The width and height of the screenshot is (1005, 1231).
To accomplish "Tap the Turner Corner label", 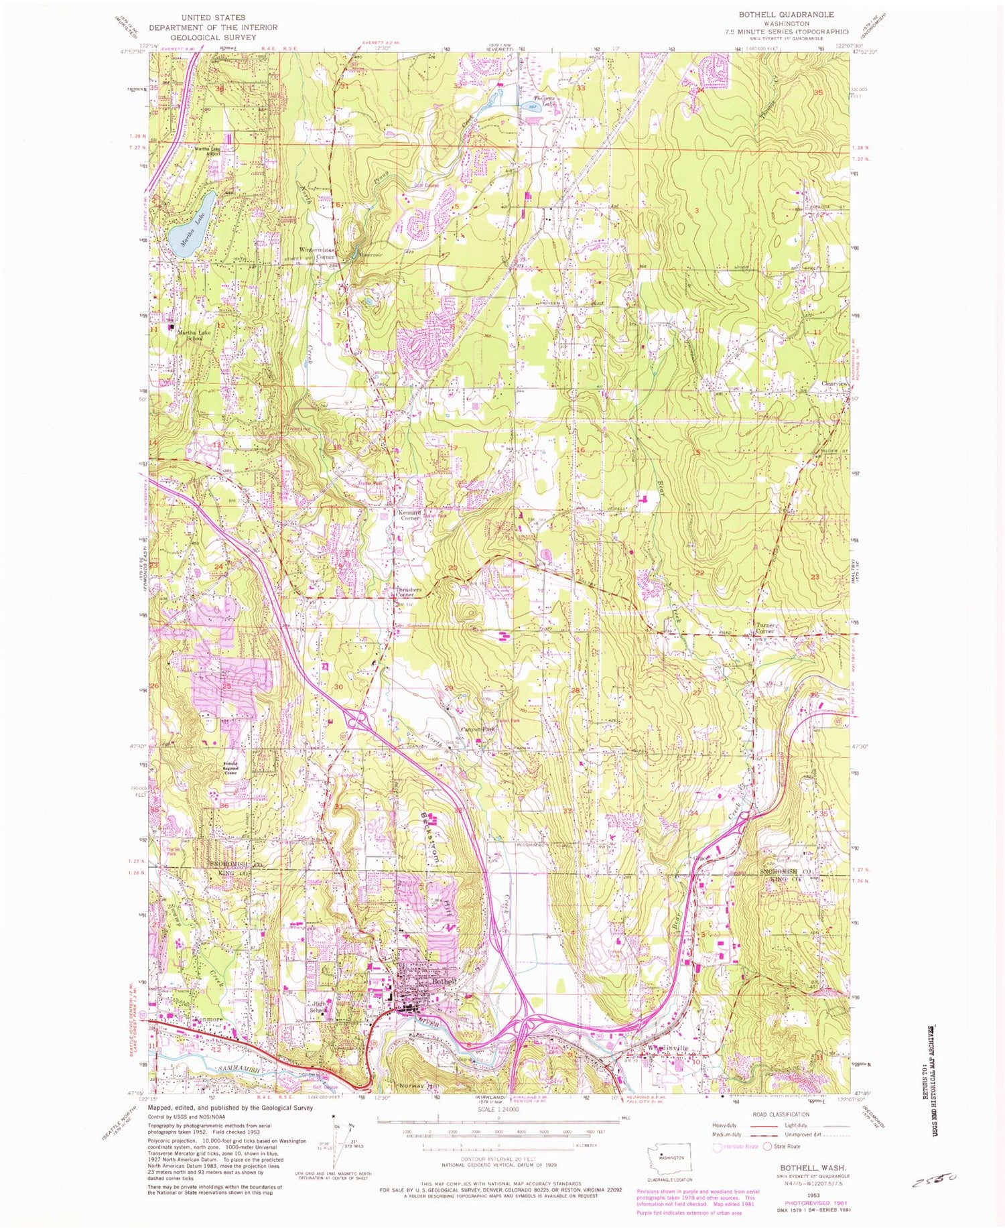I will [764, 629].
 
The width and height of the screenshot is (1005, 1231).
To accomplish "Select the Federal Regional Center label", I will [241, 771].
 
